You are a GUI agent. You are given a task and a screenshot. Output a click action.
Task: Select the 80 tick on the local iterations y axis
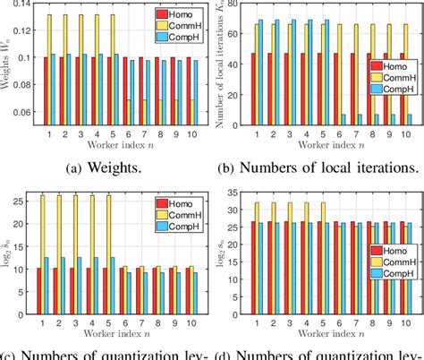[x=240, y=5]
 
